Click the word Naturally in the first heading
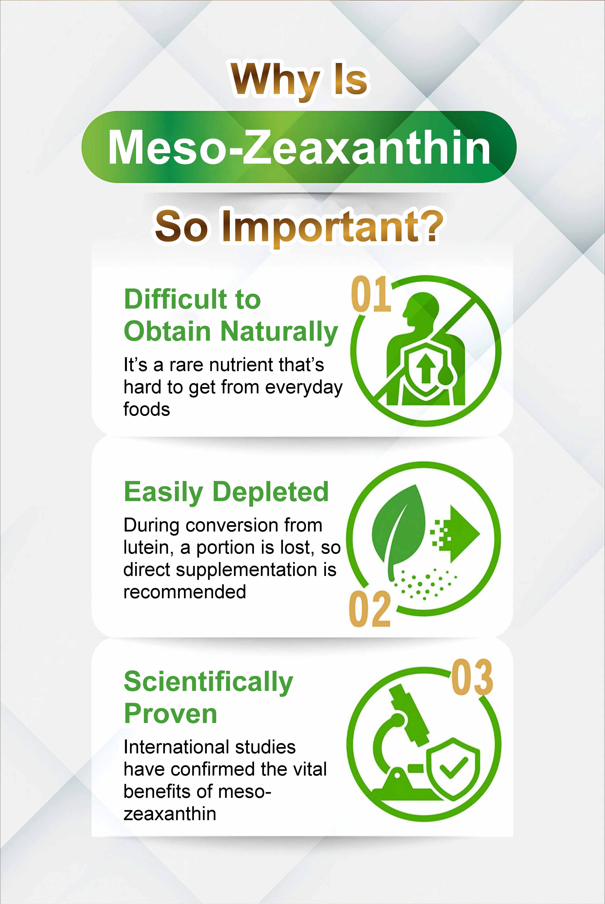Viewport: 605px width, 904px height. [279, 332]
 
